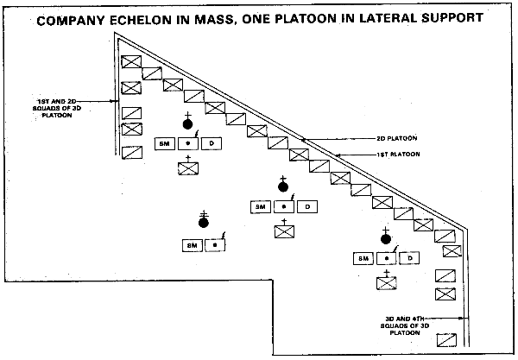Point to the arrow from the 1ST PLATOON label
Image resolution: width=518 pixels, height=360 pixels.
coord(349,155)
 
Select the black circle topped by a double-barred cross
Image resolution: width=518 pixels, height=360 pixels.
coord(204,222)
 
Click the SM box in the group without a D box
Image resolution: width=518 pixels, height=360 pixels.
coord(192,244)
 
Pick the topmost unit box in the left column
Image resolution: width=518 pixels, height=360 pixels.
coord(130,62)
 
